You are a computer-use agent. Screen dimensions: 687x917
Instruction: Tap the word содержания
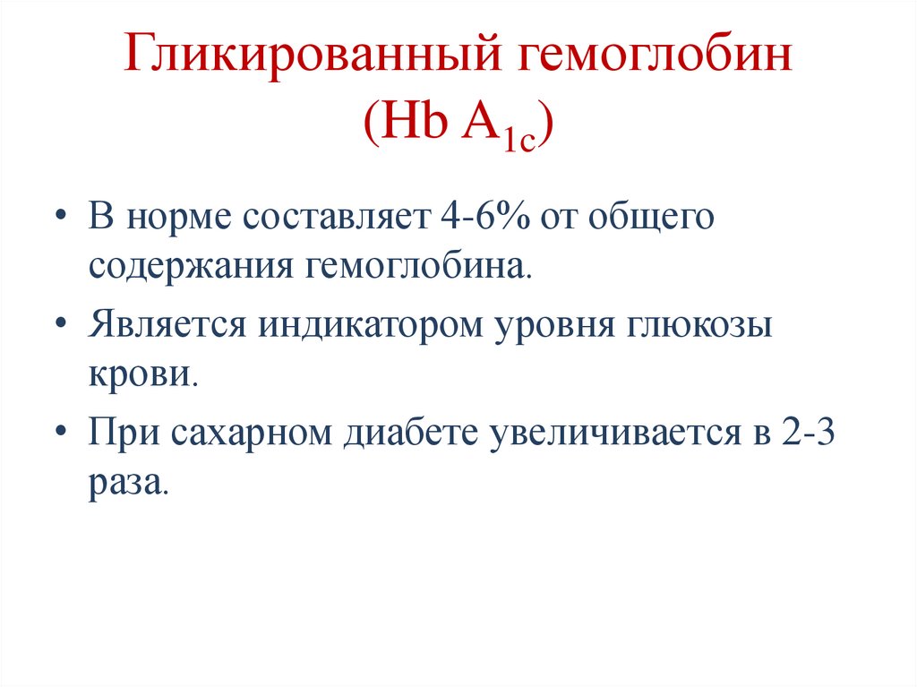pyautogui.click(x=188, y=268)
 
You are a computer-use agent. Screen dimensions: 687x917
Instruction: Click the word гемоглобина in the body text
pyautogui.click(x=422, y=268)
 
